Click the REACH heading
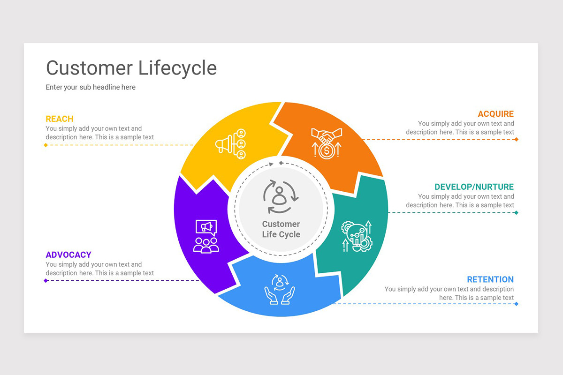[x=60, y=119]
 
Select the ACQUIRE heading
[x=495, y=114]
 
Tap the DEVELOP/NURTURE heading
[x=474, y=187]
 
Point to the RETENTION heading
[x=490, y=279]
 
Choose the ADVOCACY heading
[x=68, y=255]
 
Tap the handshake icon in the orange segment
[x=327, y=142]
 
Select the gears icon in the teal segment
[x=357, y=236]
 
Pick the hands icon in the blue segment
[x=280, y=289]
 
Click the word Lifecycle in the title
[x=177, y=68]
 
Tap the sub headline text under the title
[x=91, y=87]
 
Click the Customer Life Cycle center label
[x=281, y=229]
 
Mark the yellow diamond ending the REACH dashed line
[x=46, y=145]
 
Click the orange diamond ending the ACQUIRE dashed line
[x=516, y=139]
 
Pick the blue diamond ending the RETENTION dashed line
[x=516, y=304]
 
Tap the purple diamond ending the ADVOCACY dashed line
[x=46, y=281]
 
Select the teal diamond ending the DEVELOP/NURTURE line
[x=516, y=212]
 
